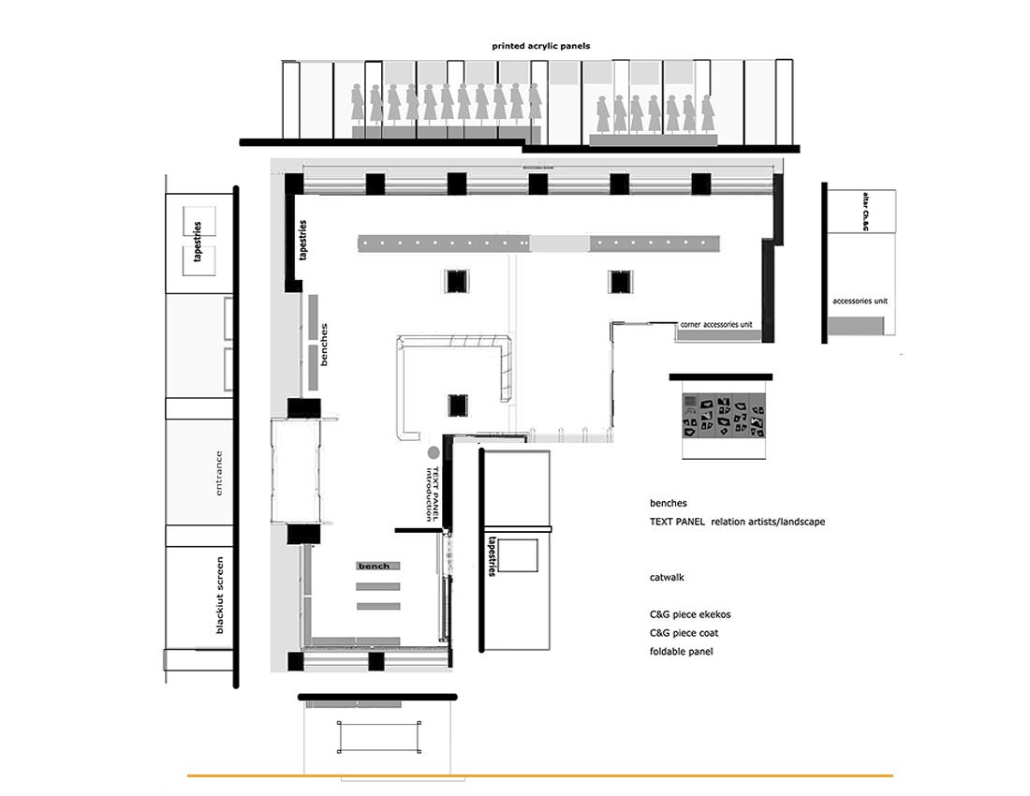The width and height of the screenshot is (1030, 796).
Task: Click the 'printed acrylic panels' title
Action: [540, 46]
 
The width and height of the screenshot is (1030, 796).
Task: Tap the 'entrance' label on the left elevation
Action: [219, 473]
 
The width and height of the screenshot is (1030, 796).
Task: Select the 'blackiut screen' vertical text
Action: [220, 596]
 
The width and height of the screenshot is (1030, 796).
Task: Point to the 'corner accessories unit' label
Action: [716, 324]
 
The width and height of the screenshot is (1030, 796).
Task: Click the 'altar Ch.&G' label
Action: [866, 212]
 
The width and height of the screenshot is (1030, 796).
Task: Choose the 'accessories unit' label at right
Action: [860, 301]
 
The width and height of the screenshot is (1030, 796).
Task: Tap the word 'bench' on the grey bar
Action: [374, 567]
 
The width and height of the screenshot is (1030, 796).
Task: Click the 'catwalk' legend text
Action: [667, 577]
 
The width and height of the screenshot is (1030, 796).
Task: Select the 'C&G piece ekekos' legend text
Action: [690, 614]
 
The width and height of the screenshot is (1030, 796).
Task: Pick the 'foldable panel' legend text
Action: [681, 652]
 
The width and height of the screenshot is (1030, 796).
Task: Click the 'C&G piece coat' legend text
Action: [684, 633]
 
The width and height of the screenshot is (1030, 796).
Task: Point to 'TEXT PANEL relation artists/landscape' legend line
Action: [737, 522]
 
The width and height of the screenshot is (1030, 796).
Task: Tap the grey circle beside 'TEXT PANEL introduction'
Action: [434, 452]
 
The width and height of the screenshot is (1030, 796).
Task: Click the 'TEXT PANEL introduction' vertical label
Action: [432, 494]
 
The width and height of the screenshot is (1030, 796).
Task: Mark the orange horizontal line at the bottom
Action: [540, 775]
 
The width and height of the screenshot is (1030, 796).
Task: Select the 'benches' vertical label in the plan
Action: [323, 344]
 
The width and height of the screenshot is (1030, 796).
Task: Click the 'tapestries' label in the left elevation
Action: [198, 242]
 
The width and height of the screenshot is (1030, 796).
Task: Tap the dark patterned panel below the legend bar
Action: [723, 417]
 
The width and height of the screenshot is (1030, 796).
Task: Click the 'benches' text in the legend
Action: [668, 503]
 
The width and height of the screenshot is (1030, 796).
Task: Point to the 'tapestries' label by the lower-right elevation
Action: [493, 557]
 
